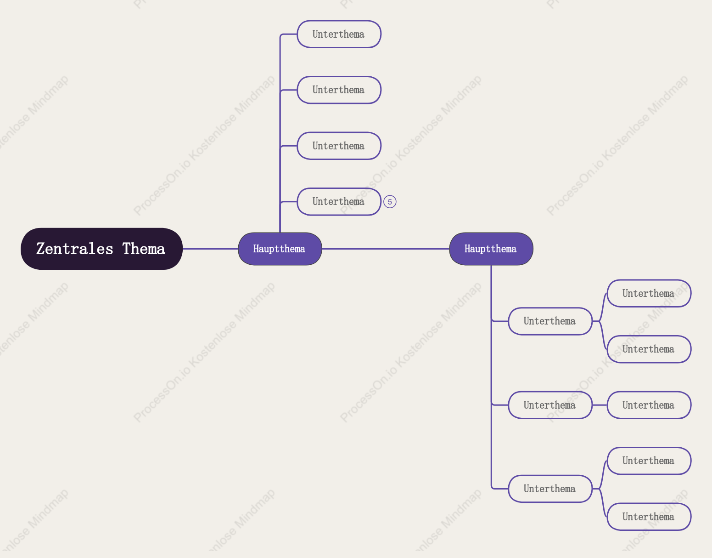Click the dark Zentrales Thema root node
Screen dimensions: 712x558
pos(101,249)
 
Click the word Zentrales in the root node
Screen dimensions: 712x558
pos(75,249)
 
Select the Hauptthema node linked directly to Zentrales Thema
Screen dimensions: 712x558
pos(280,249)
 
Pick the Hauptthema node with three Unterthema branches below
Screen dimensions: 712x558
pos(491,249)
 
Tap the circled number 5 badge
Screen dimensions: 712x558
pos(390,202)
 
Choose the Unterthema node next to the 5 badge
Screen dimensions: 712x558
pos(339,202)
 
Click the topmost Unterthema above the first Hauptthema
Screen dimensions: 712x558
pos(339,34)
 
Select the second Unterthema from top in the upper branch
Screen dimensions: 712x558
pos(339,90)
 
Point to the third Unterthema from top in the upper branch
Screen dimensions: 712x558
pos(339,146)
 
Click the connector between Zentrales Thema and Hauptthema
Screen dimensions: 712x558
pos(210,249)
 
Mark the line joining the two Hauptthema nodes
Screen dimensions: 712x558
pos(386,249)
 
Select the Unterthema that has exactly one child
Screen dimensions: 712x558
pos(550,405)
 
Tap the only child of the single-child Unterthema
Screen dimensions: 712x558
pos(649,405)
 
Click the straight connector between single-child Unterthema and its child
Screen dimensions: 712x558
pos(600,405)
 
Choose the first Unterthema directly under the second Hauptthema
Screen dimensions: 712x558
pos(550,321)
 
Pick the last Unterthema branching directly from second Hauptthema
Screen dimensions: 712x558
pos(550,489)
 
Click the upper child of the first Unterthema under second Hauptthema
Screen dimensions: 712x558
pos(649,293)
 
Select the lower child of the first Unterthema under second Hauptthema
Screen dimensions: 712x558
pos(649,349)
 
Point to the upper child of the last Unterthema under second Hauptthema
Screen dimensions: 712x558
pos(649,461)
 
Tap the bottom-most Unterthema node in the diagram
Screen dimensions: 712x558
pos(649,517)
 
